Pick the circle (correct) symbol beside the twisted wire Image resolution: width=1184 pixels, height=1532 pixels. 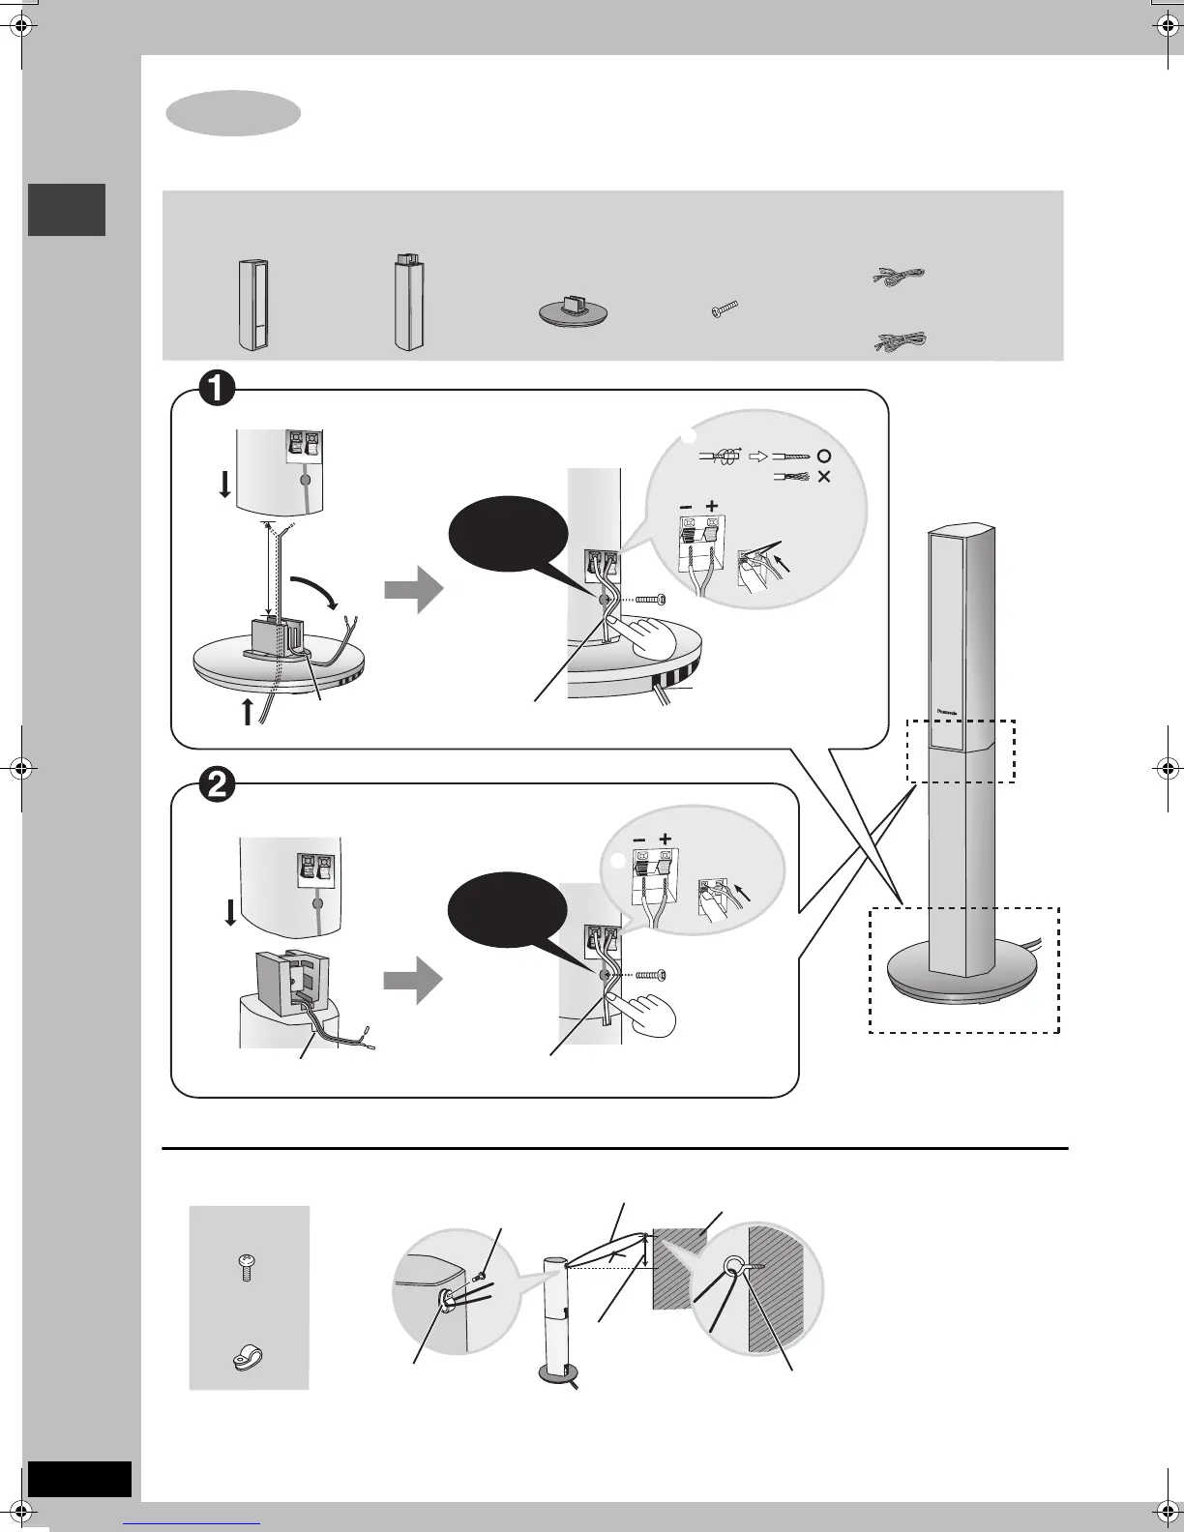click(x=823, y=456)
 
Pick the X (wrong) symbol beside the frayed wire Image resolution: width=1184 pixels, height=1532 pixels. click(x=824, y=477)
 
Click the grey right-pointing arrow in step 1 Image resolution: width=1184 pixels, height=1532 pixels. click(x=413, y=591)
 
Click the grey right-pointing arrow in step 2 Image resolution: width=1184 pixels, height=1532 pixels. click(x=413, y=981)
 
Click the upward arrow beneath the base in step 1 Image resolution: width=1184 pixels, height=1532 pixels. click(x=248, y=712)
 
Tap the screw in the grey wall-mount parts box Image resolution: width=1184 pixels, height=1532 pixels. click(x=247, y=1267)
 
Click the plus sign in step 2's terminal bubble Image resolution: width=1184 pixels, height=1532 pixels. click(x=665, y=840)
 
